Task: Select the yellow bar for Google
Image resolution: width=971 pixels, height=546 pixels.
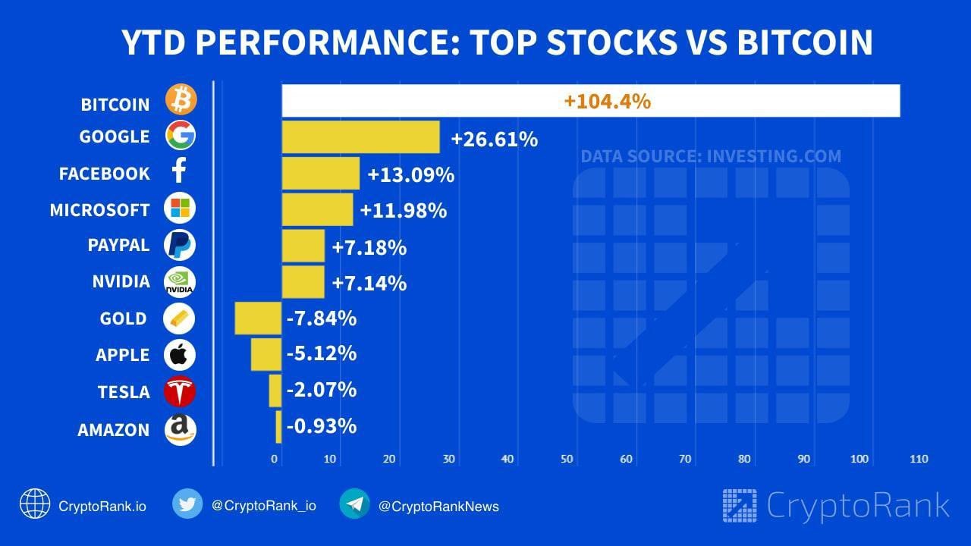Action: (x=360, y=137)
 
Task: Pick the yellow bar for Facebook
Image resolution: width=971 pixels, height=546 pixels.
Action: (x=320, y=174)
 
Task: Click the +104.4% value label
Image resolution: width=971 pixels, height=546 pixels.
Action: (x=607, y=101)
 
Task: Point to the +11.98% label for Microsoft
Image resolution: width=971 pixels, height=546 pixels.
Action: (x=404, y=210)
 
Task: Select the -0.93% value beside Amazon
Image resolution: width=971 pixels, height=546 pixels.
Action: (x=322, y=426)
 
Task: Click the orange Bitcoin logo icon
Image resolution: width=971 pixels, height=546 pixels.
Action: (x=181, y=100)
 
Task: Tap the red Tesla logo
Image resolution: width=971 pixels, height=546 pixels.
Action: (x=181, y=391)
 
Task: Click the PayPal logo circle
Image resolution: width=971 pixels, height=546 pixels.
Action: (x=181, y=246)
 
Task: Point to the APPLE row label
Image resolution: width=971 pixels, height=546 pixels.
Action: (x=122, y=355)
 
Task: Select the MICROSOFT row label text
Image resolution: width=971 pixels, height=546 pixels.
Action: (x=99, y=210)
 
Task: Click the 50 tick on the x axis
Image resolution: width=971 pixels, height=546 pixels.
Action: (x=567, y=459)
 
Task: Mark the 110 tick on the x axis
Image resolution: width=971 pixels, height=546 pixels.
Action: (x=919, y=459)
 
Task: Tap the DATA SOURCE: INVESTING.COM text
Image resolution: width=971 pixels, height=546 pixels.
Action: (x=711, y=157)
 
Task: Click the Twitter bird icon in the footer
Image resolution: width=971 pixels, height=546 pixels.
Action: (x=187, y=504)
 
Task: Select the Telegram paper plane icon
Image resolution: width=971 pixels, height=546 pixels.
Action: (x=354, y=504)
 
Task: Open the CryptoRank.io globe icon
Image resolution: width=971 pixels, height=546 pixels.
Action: (x=35, y=504)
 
